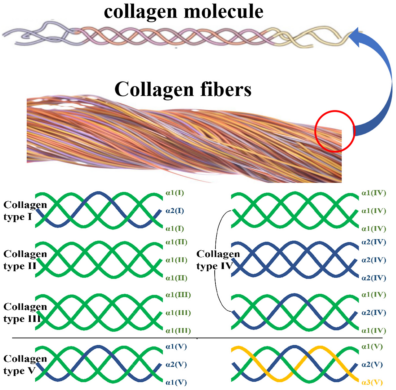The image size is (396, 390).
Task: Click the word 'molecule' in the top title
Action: click(223, 12)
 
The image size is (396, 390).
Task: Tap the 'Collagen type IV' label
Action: click(217, 260)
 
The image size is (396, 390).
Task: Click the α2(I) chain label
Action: click(175, 211)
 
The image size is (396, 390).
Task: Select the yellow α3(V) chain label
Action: click(372, 383)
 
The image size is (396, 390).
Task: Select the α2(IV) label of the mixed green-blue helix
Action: click(374, 313)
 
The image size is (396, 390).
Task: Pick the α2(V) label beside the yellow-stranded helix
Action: click(372, 365)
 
